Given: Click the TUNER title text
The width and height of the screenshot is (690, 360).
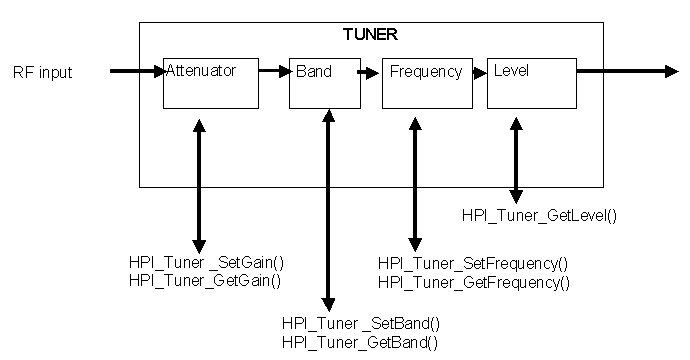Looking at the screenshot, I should coord(370,34).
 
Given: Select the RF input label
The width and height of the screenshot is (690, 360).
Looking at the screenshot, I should coord(43,72).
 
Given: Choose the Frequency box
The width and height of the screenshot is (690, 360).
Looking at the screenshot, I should coord(426,83).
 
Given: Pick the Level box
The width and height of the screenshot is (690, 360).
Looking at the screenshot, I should coord(531,83).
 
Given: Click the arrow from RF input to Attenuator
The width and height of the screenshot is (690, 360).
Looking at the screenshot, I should coord(136,71).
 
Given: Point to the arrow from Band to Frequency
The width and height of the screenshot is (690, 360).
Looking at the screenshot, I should coord(369,72).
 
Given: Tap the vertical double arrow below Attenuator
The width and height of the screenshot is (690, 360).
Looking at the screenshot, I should coord(199,184).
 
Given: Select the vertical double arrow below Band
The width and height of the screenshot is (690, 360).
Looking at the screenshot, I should coord(327,210).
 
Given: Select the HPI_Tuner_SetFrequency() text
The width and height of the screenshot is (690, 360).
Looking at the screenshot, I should coord(472,263).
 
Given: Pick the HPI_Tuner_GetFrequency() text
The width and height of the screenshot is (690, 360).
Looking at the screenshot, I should coord(473,282).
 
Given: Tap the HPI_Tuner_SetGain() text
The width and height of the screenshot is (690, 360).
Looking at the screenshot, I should coord(207,263).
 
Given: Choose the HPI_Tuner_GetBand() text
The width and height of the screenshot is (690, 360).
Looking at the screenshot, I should coord(361,342).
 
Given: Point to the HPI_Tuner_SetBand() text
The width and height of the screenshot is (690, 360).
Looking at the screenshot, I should coord(361,323).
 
